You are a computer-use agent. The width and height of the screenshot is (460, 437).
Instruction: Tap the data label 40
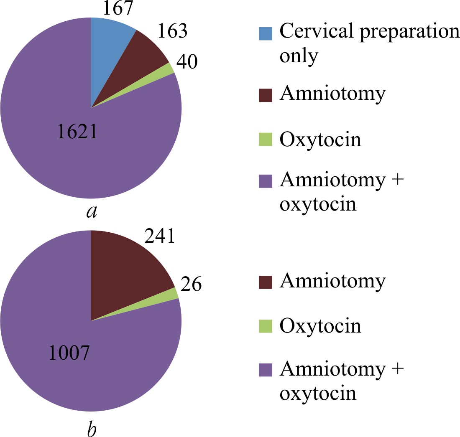(x=187, y=62)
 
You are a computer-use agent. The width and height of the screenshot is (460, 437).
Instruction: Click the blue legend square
(x=266, y=33)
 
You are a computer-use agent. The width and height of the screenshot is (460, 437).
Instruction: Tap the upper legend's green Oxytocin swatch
(x=266, y=139)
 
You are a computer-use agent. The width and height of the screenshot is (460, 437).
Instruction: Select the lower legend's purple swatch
(x=266, y=370)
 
